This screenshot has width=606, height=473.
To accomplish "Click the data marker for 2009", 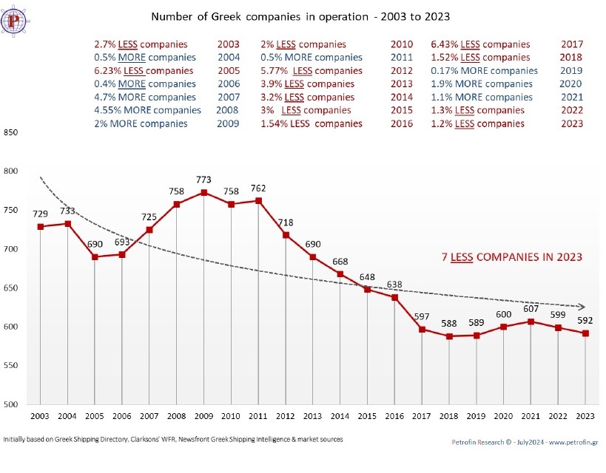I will [204, 193].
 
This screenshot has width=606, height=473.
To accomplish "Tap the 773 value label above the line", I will [204, 180].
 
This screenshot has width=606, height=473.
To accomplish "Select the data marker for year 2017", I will [422, 330].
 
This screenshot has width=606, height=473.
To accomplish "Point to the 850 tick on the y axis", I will [10, 133].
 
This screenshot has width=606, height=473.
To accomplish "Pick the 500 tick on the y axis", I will [10, 404].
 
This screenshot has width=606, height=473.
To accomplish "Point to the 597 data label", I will [422, 317].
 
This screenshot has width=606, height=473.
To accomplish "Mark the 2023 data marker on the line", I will [585, 333].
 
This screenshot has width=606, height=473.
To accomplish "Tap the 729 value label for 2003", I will [40, 214].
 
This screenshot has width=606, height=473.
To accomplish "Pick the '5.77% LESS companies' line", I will [312, 71].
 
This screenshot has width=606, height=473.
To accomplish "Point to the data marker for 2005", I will [95, 257].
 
